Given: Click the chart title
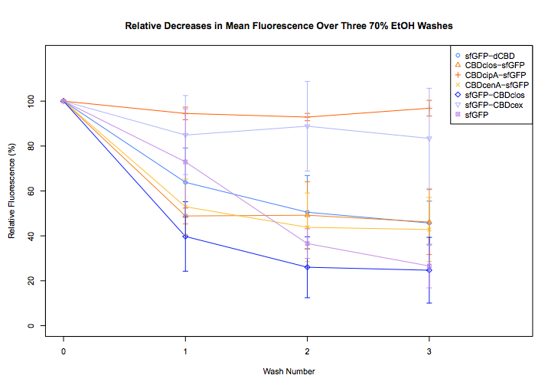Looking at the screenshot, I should (x=289, y=26).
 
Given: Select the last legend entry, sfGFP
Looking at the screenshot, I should (x=475, y=116).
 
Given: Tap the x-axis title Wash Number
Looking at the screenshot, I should (x=289, y=371).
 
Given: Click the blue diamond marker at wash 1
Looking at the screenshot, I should (x=185, y=237).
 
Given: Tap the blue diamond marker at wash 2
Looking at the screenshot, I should (x=307, y=267).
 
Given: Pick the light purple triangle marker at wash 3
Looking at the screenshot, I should (x=429, y=139).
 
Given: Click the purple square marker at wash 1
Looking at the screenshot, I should (x=185, y=162).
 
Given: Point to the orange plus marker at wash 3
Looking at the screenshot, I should (x=429, y=108).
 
